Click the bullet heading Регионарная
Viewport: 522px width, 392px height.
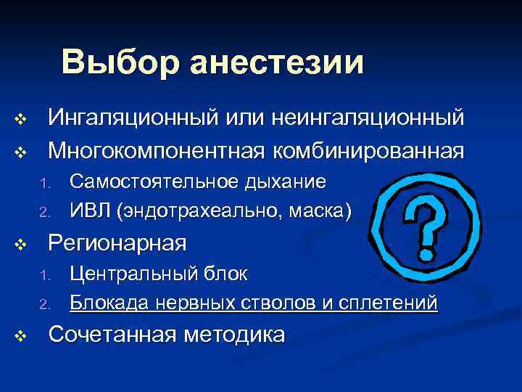(117, 242)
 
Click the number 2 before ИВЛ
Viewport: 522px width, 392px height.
(43, 213)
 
